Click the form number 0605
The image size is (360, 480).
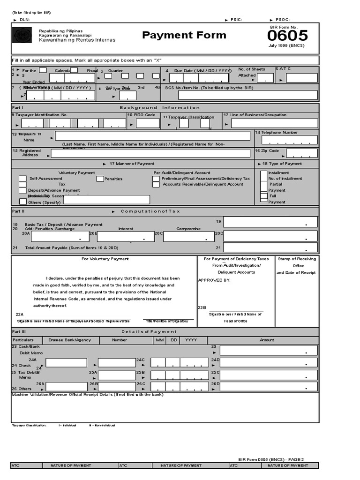point(288,36)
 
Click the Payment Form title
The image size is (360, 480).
point(184,35)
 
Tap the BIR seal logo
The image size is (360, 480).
point(22,36)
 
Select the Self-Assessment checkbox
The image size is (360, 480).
point(22,179)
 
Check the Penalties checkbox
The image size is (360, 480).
point(100,179)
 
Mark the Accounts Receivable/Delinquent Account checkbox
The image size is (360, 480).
point(156,185)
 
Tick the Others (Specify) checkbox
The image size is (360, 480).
point(22,202)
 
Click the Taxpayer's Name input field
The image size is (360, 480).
point(152,136)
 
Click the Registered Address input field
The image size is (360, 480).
point(150,153)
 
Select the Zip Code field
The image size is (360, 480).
point(301,153)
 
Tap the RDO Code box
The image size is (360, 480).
point(148,124)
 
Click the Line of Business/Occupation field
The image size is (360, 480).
point(274,124)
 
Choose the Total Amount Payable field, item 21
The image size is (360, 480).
point(271,248)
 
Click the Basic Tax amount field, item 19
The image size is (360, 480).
point(271,222)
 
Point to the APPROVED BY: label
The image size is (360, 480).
point(214,280)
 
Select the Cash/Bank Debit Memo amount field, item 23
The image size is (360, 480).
point(269,350)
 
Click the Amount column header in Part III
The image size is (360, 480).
point(267,340)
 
